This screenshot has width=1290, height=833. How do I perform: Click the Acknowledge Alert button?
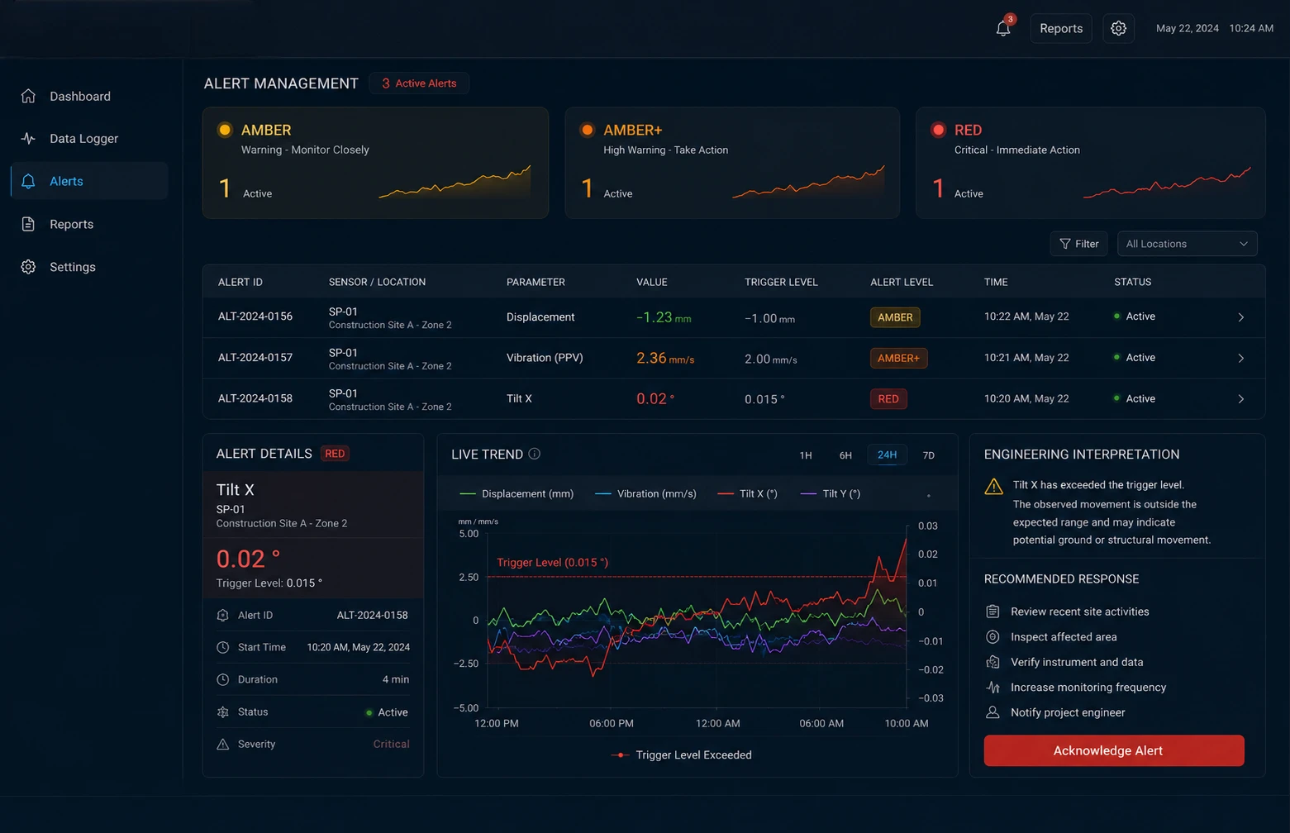coord(1113,750)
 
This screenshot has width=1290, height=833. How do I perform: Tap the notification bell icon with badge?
coord(1004,27)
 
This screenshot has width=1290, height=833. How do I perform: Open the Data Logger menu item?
coord(83,138)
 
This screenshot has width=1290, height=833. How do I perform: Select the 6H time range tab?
coord(845,455)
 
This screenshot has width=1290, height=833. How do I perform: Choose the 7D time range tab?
coord(928,455)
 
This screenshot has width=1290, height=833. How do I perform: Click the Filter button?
coord(1078,244)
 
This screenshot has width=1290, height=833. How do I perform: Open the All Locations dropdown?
coord(1187,244)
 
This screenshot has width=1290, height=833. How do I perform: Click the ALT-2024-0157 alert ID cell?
coord(255,357)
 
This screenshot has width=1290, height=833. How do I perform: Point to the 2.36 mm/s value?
coord(665,359)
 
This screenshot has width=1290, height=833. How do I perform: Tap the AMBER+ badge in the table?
coord(898,358)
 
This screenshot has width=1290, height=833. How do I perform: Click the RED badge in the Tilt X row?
coord(888,398)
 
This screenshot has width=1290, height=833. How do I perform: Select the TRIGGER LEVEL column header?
coord(781,282)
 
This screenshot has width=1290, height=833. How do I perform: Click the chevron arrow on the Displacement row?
coord(1240,317)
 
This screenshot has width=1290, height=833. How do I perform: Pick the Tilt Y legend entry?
coord(831,493)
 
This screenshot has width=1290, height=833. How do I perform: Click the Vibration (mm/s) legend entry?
coord(645,493)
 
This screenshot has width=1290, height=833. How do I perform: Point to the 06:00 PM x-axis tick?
coord(611,723)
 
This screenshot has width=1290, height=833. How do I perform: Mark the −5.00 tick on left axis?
coord(465,707)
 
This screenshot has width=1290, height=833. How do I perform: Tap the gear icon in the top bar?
coord(1118,28)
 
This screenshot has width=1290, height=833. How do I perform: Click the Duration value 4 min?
coord(396,679)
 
